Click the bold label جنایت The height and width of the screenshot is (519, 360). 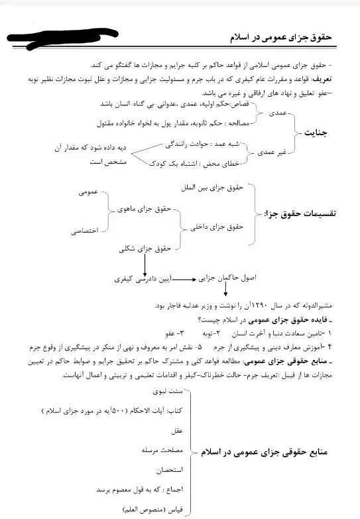[x=318, y=133]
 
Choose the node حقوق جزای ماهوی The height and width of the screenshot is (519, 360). [x=143, y=210]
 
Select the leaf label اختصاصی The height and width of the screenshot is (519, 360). [x=85, y=231]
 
